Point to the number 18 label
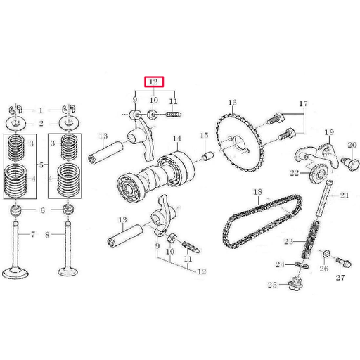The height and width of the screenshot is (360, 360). pyautogui.click(x=257, y=192)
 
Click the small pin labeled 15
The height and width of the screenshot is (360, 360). pyautogui.click(x=207, y=153)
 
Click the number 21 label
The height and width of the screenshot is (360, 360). pyautogui.click(x=345, y=196)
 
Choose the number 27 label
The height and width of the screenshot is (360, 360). pyautogui.click(x=340, y=279)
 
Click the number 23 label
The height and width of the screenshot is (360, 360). pyautogui.click(x=288, y=242)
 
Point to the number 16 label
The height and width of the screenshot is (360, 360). pyautogui.click(x=231, y=103)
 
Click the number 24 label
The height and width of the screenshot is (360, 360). pyautogui.click(x=279, y=264)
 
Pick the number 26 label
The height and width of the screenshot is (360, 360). pyautogui.click(x=323, y=269)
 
